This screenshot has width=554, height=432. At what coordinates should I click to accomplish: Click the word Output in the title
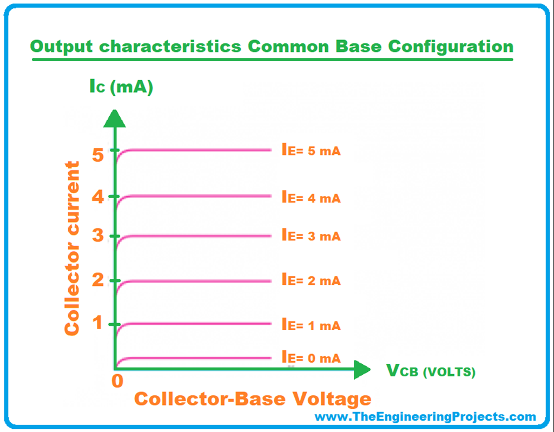pyautogui.click(x=62, y=47)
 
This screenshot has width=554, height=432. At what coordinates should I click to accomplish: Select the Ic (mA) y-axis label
pyautogui.click(x=121, y=87)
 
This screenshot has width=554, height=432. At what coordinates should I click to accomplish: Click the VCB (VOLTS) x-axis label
pyautogui.click(x=431, y=370)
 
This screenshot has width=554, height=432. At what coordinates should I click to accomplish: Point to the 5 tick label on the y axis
pyautogui.click(x=98, y=154)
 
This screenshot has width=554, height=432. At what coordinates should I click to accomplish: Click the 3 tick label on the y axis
pyautogui.click(x=98, y=235)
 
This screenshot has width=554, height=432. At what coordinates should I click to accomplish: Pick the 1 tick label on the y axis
pyautogui.click(x=98, y=323)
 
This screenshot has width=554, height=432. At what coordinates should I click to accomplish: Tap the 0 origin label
pyautogui.click(x=117, y=381)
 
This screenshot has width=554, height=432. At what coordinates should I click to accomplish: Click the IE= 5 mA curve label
pyautogui.click(x=311, y=150)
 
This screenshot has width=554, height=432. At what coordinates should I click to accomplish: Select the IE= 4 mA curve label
pyautogui.click(x=311, y=197)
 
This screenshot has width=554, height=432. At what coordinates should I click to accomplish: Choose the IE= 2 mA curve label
pyautogui.click(x=311, y=280)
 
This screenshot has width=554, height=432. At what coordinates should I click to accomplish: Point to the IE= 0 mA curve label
pyautogui.click(x=311, y=357)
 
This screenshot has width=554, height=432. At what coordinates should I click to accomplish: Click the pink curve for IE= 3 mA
pyautogui.click(x=193, y=236)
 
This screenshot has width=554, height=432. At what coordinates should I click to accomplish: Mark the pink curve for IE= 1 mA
pyautogui.click(x=193, y=324)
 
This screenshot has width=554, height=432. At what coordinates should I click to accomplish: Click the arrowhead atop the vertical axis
pyautogui.click(x=115, y=119)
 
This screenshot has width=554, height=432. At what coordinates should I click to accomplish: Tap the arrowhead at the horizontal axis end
pyautogui.click(x=362, y=370)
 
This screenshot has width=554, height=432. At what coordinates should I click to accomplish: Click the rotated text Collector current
pyautogui.click(x=72, y=248)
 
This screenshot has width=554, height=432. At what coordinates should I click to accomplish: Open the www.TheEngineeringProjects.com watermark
pyautogui.click(x=425, y=417)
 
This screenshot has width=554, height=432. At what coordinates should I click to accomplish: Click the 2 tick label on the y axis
pyautogui.click(x=98, y=280)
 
